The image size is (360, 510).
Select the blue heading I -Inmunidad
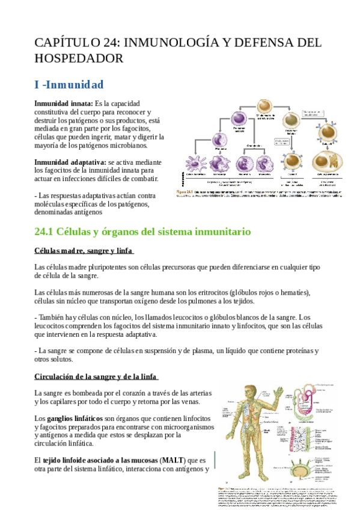pyautogui.click(x=69, y=84)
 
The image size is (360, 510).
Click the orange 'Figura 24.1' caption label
pyautogui.click(x=184, y=192)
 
